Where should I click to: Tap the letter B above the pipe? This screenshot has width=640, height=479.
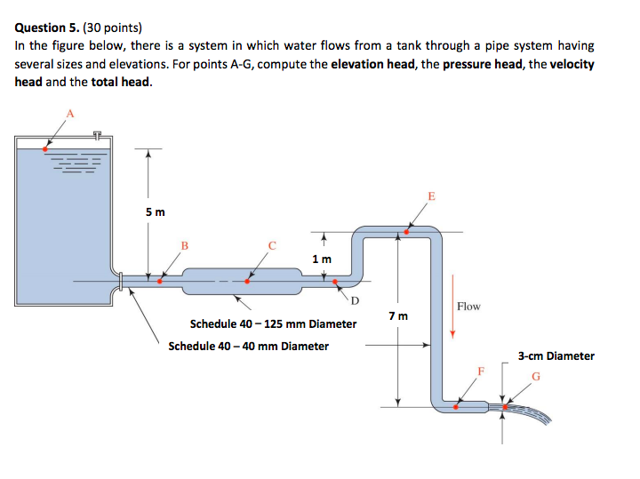185,244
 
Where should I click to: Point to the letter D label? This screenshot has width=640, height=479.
356,300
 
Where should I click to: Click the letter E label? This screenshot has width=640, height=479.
432,195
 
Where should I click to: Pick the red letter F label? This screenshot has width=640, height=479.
482,370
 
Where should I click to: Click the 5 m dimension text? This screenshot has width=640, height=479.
155,212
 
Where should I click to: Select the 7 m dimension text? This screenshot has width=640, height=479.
398,316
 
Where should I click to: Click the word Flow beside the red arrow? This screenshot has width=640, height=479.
468,306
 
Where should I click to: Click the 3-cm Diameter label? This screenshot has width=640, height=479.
556,356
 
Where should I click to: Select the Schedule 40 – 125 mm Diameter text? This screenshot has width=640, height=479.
273,323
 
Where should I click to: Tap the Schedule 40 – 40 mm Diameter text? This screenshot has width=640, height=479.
248,346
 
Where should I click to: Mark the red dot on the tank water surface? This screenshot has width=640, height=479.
45,148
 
